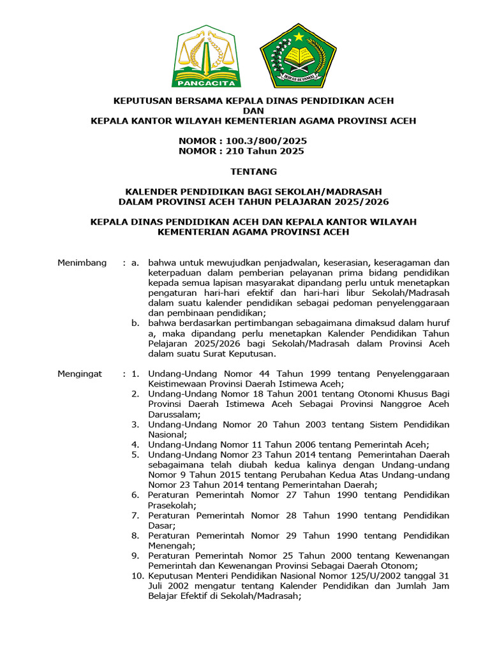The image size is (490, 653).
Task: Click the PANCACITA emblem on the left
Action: pyautogui.click(x=206, y=57)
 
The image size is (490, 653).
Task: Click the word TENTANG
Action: pyautogui.click(x=253, y=171)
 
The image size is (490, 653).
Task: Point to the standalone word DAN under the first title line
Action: pyautogui.click(x=253, y=110)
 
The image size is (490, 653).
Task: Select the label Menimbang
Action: pyautogui.click(x=82, y=263)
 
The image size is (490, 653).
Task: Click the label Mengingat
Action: pyautogui.click(x=80, y=374)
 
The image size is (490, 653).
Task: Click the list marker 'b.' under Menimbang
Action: pyautogui.click(x=135, y=323)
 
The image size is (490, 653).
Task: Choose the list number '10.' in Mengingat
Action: pyautogui.click(x=137, y=576)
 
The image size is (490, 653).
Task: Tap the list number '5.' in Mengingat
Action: pyautogui.click(x=135, y=455)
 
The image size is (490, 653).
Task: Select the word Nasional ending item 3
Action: pyautogui.click(x=167, y=434)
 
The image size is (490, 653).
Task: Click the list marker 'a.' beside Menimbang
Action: pyautogui.click(x=135, y=263)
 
